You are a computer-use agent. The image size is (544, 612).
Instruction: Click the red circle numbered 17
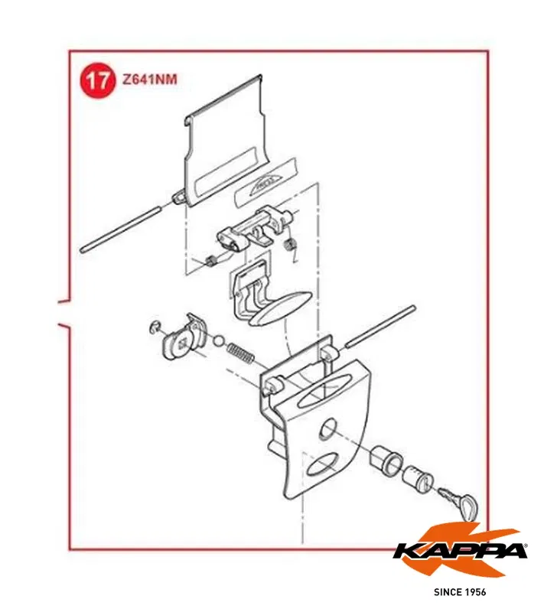click(x=98, y=80)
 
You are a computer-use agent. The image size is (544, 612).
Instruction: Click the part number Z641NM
click(x=150, y=80)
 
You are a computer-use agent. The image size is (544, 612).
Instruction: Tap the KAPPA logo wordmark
click(x=461, y=551)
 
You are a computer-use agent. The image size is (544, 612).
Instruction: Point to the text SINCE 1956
click(x=460, y=592)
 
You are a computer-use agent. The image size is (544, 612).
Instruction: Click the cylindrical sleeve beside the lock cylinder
click(x=386, y=457)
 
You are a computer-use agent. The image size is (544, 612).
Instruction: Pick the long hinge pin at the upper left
click(x=120, y=230)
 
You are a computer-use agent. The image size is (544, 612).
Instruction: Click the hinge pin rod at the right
click(x=379, y=327)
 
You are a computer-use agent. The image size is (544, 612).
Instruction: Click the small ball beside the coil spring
click(x=219, y=340)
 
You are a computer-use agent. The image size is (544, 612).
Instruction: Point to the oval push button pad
click(x=280, y=308)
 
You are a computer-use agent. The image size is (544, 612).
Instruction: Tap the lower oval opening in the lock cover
click(x=323, y=464)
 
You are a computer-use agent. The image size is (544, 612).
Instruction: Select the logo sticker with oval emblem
click(x=266, y=182)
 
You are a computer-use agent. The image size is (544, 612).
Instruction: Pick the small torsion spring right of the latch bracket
click(x=290, y=248)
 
